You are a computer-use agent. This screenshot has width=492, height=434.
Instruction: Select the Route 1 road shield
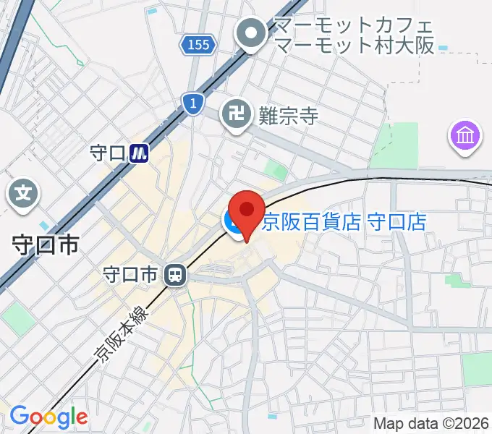(192, 104)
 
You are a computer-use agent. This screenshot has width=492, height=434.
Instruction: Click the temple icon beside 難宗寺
(236, 114)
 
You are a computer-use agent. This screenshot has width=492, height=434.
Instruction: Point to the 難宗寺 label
(288, 114)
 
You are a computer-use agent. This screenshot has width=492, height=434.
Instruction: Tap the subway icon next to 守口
(140, 153)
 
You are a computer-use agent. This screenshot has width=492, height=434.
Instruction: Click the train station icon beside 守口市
(174, 275)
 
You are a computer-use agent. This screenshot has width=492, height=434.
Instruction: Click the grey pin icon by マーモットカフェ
(253, 33)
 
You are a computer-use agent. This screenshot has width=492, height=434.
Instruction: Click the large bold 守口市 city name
(46, 245)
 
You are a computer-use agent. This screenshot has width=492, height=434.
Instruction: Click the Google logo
(48, 417)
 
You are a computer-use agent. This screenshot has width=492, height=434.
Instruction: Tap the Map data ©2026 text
(431, 423)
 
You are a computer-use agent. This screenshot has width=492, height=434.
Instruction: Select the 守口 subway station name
(108, 153)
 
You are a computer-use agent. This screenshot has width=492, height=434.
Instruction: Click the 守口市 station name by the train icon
(130, 275)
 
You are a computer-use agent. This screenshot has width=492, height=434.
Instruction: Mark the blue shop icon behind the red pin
(234, 223)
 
